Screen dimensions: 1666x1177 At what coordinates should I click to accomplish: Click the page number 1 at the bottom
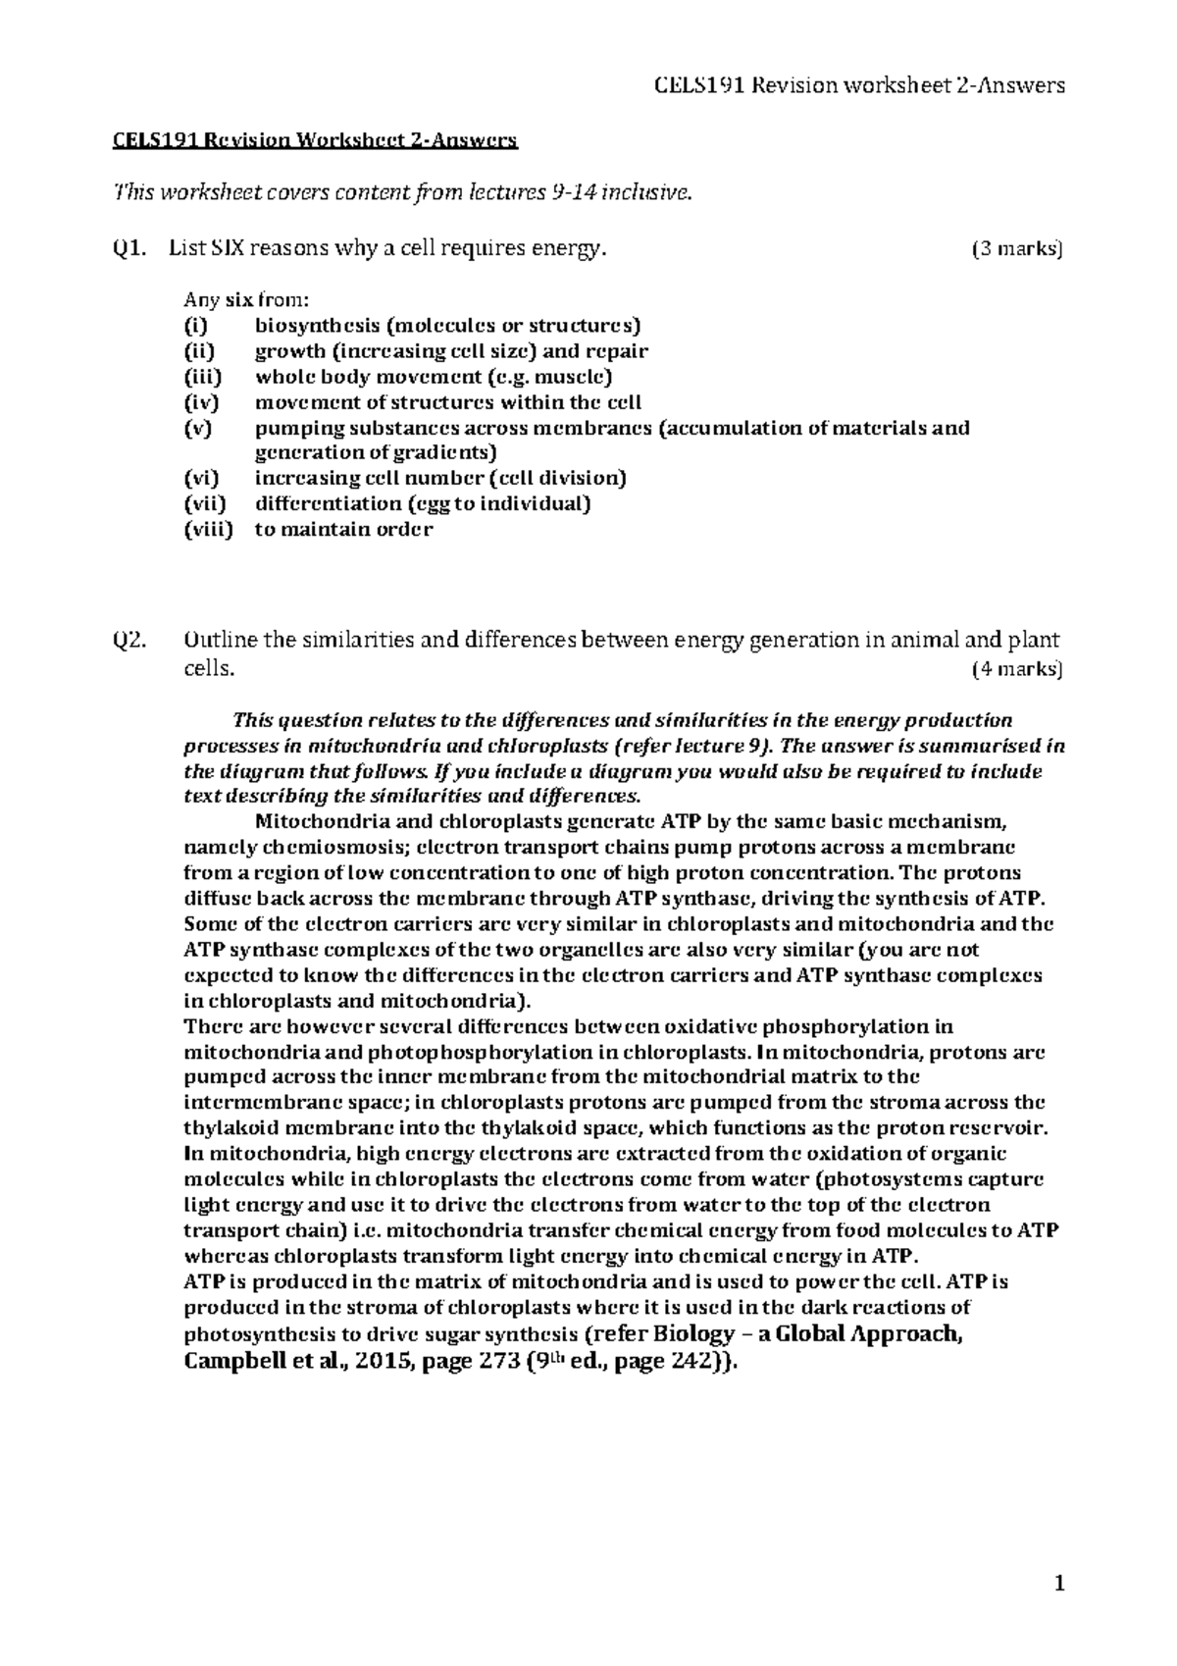[1058, 1583]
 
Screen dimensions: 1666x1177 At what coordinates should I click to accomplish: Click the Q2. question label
[128, 641]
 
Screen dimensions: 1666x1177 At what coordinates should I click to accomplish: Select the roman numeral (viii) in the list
[209, 530]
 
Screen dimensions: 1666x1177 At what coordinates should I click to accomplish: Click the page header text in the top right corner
[858, 85]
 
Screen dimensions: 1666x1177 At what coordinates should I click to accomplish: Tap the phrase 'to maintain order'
[343, 530]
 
